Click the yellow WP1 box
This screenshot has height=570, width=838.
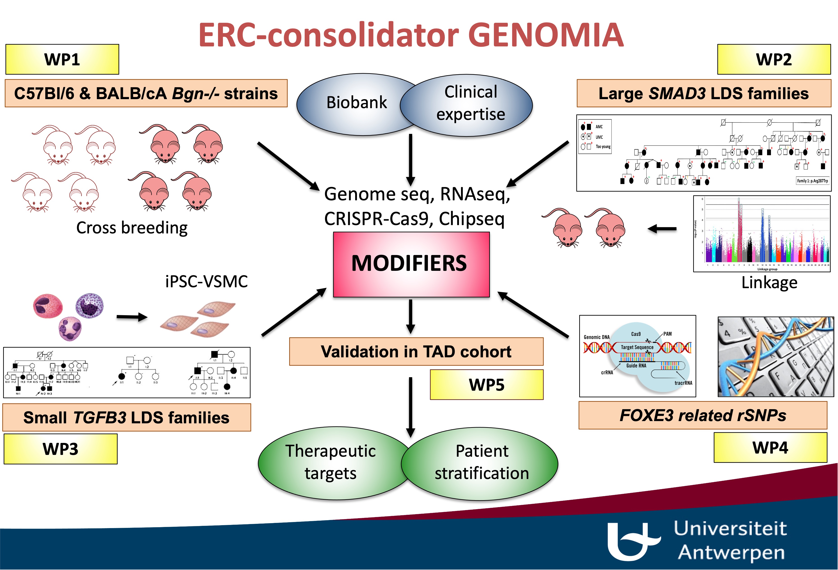click(x=62, y=59)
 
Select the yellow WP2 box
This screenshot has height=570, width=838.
click(x=774, y=59)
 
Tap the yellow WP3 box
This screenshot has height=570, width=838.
click(x=61, y=449)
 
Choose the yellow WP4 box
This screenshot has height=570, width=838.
click(x=770, y=447)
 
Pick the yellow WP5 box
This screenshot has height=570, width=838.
click(x=486, y=385)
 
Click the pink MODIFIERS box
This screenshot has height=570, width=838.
click(x=411, y=264)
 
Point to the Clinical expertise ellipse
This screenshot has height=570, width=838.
click(x=470, y=105)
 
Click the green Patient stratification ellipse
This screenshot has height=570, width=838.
click(x=482, y=463)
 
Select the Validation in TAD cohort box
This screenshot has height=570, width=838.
click(x=416, y=352)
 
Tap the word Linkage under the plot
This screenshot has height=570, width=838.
click(x=769, y=283)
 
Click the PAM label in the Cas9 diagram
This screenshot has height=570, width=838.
click(x=668, y=334)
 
